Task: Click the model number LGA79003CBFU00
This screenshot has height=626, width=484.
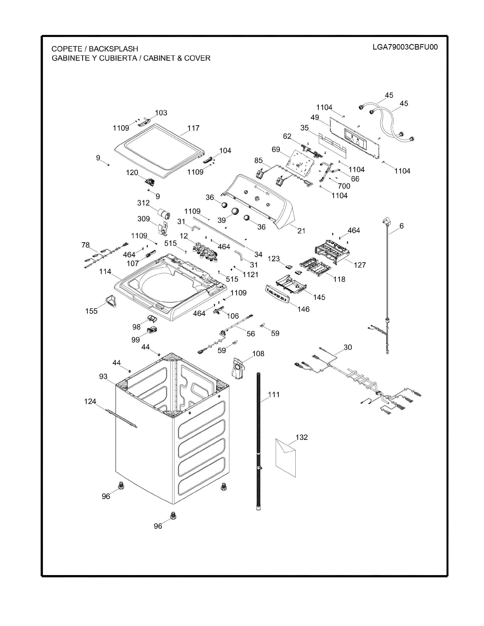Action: [405, 47]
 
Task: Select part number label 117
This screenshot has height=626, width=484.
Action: [193, 128]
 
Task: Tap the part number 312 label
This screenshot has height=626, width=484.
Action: [143, 203]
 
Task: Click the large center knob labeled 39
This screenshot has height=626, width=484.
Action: [235, 211]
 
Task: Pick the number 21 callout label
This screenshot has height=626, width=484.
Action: [301, 230]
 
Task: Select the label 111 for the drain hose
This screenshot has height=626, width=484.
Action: [274, 395]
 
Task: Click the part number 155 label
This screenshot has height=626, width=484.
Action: [91, 311]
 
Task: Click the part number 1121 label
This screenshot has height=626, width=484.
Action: [250, 275]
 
